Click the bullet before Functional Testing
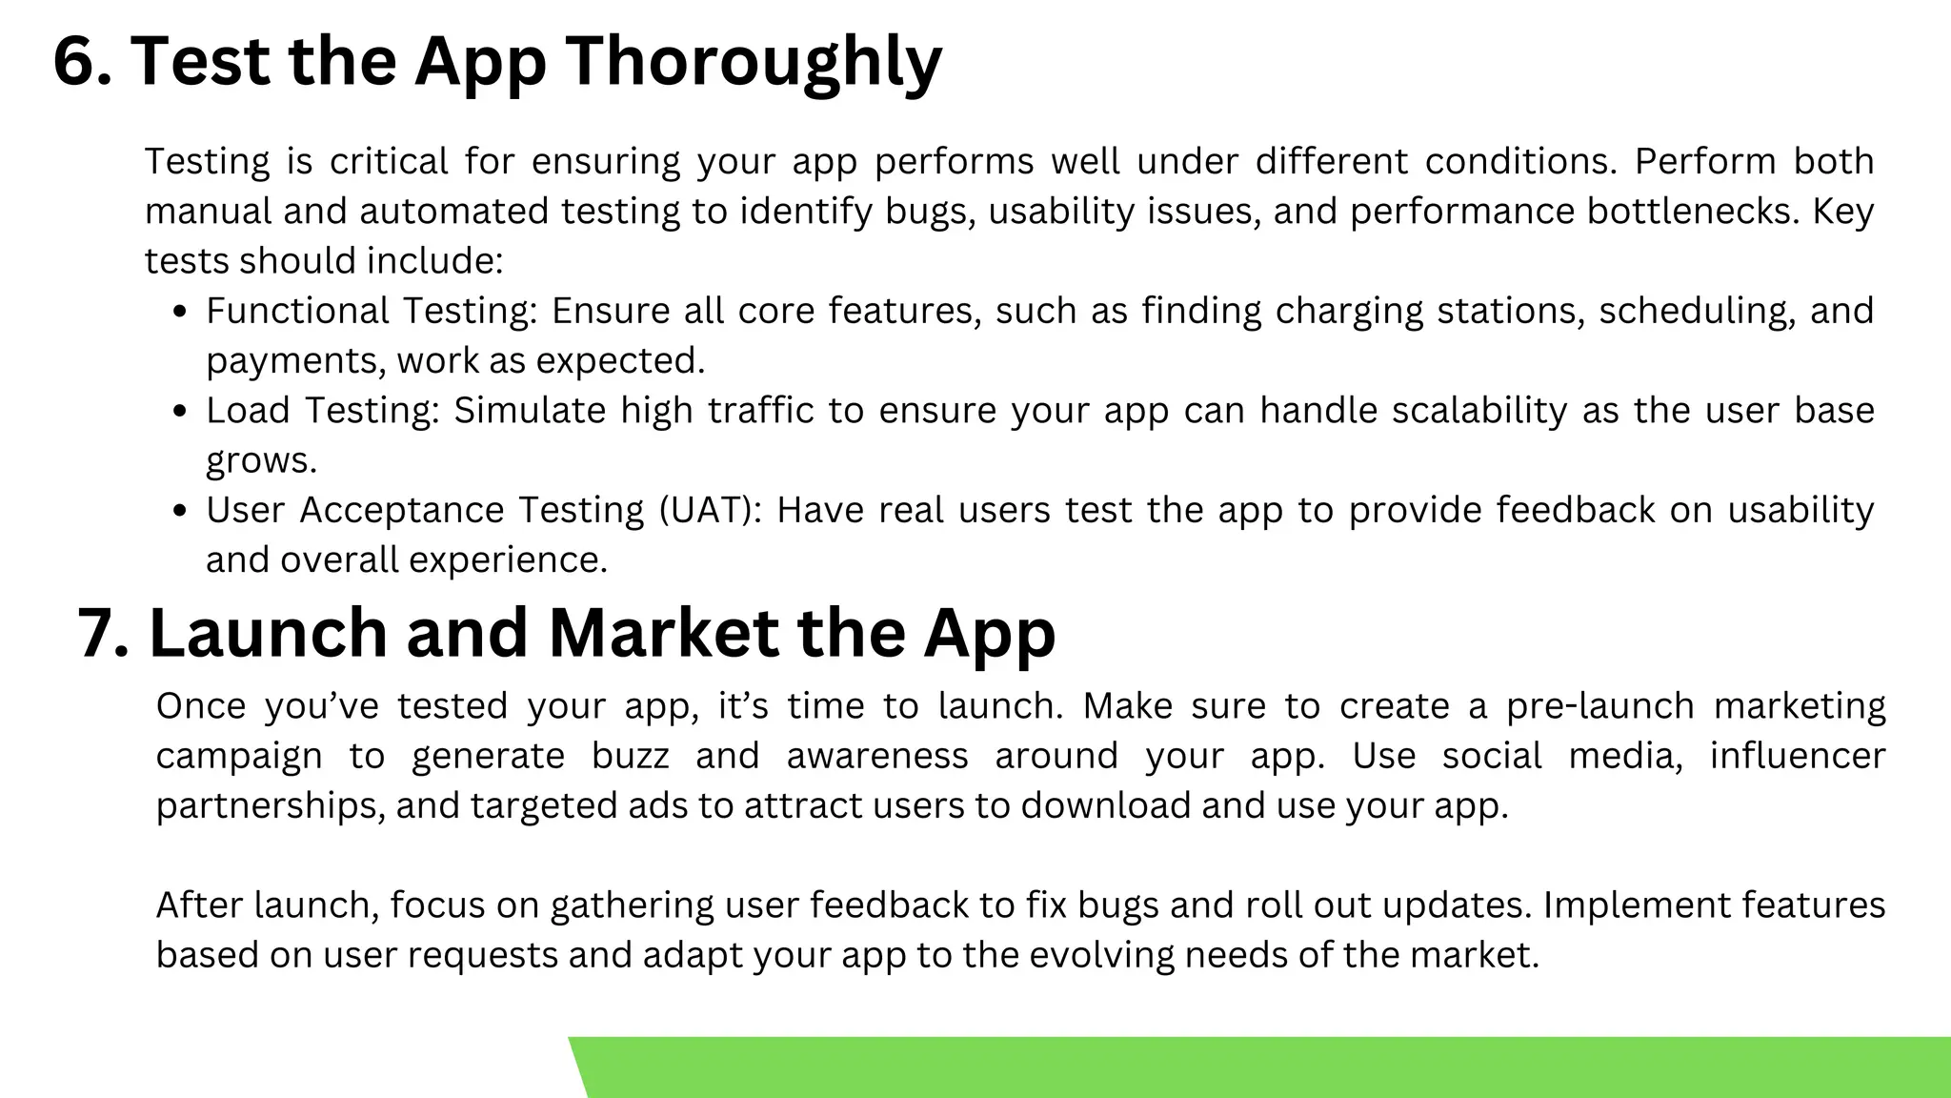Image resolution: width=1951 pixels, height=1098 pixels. [180, 313]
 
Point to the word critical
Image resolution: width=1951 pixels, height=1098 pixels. [389, 162]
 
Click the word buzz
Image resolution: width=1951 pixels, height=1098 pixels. [630, 756]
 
